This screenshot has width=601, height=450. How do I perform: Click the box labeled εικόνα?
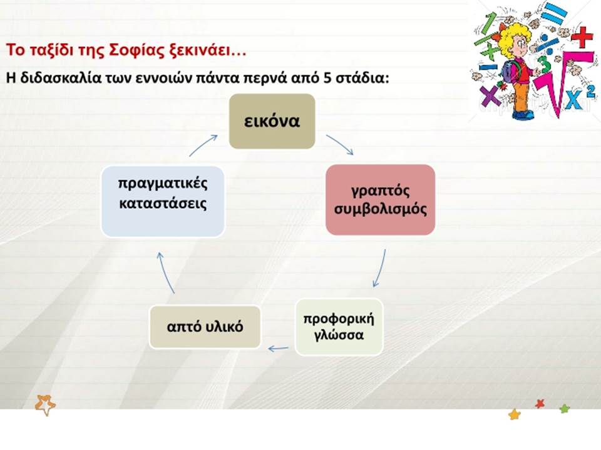click(272, 121)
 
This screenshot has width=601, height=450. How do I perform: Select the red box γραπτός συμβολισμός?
click(380, 200)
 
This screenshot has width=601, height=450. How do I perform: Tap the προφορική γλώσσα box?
click(339, 327)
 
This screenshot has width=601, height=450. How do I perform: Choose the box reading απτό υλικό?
click(205, 327)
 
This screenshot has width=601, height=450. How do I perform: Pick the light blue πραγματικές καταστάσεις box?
click(163, 201)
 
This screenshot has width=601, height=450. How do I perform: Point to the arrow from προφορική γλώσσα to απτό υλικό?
click(278, 348)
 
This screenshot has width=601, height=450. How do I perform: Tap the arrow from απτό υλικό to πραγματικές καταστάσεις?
click(165, 272)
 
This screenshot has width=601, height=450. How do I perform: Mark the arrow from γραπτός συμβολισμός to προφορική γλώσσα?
click(381, 269)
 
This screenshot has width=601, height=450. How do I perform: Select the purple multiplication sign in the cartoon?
click(490, 96)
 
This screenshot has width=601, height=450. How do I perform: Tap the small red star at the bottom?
click(540, 403)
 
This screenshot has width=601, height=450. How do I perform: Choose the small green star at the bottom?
click(565, 409)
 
